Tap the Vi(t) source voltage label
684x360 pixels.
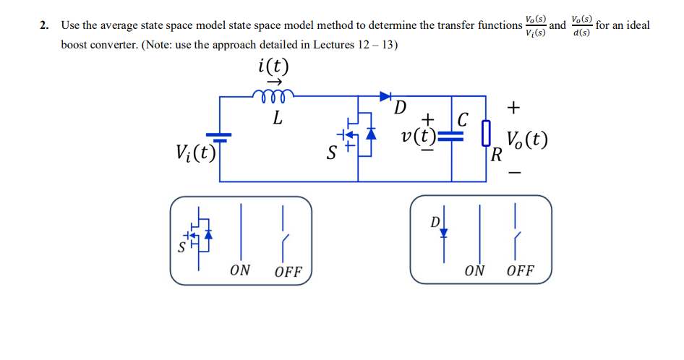click(196, 153)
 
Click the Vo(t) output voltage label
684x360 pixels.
click(526, 138)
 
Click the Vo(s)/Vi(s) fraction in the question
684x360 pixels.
click(536, 25)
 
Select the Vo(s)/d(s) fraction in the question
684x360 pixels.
click(581, 25)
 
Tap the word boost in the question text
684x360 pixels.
click(75, 44)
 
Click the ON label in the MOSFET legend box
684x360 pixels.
click(240, 270)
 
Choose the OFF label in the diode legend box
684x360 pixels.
click(521, 270)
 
